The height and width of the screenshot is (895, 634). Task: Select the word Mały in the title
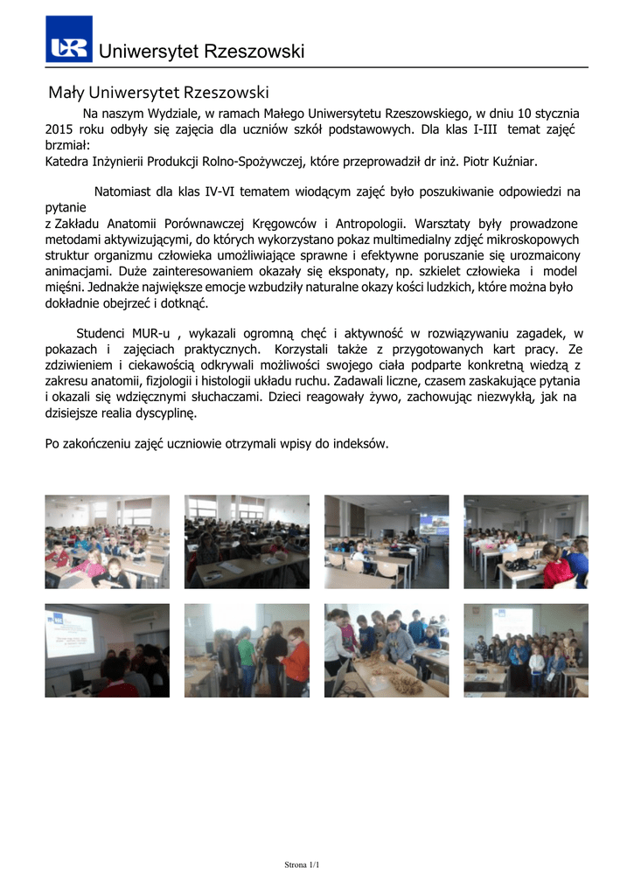click(x=65, y=92)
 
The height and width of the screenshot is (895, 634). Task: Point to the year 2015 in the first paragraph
click(x=60, y=129)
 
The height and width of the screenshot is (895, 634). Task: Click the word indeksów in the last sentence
click(x=359, y=444)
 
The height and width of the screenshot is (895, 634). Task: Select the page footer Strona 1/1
click(x=303, y=865)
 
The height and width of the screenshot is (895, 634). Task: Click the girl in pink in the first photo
click(x=92, y=565)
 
